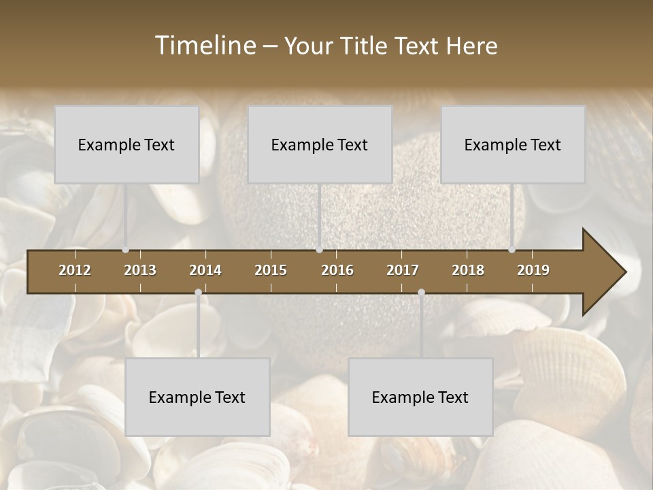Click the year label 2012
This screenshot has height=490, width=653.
coord(75,270)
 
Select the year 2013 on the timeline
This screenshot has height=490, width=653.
coord(140,270)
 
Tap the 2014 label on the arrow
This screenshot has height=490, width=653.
coord(205,270)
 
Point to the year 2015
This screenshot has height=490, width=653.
coord(271,270)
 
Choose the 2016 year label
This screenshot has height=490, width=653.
coord(337,270)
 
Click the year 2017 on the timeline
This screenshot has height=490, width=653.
coord(403,270)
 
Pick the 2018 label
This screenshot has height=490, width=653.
coord(468,270)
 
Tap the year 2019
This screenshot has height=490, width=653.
coord(533,270)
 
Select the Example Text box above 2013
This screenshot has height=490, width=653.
coord(127,144)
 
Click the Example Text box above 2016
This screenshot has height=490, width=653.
coord(320,144)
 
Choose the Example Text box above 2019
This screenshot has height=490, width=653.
coord(513,144)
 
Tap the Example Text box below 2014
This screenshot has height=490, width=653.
coord(197,397)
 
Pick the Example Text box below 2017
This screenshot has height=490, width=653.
coord(420,397)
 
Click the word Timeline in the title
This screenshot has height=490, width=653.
coord(205,46)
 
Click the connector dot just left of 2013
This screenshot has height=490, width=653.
coord(125,250)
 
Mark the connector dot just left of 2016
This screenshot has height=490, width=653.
coord(319,250)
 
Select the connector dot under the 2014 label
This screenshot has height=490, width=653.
coord(198,293)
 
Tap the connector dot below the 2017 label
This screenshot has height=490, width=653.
coord(421,293)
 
